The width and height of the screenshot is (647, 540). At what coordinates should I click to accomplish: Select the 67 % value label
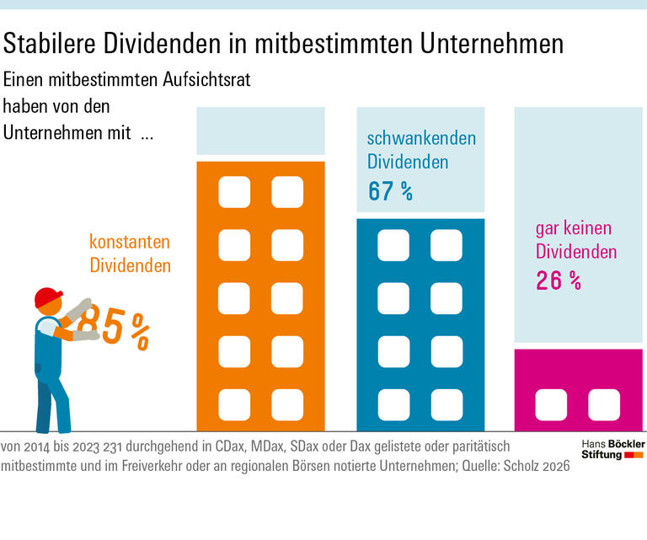[390, 191]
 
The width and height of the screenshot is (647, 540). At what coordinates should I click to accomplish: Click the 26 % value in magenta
[559, 281]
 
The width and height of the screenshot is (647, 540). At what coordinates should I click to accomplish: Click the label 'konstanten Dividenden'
[130, 254]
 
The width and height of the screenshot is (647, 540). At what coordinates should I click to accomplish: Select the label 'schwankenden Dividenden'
[421, 150]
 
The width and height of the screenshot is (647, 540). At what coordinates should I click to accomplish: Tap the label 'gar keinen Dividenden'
[575, 240]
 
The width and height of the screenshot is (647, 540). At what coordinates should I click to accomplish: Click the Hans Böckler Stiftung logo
[612, 448]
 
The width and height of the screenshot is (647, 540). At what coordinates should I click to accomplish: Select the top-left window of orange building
[234, 192]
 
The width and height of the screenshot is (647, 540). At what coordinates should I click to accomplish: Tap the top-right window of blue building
[446, 245]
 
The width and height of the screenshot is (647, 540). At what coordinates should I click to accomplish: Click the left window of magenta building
[551, 404]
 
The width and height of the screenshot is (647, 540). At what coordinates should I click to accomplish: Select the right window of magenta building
[603, 404]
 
